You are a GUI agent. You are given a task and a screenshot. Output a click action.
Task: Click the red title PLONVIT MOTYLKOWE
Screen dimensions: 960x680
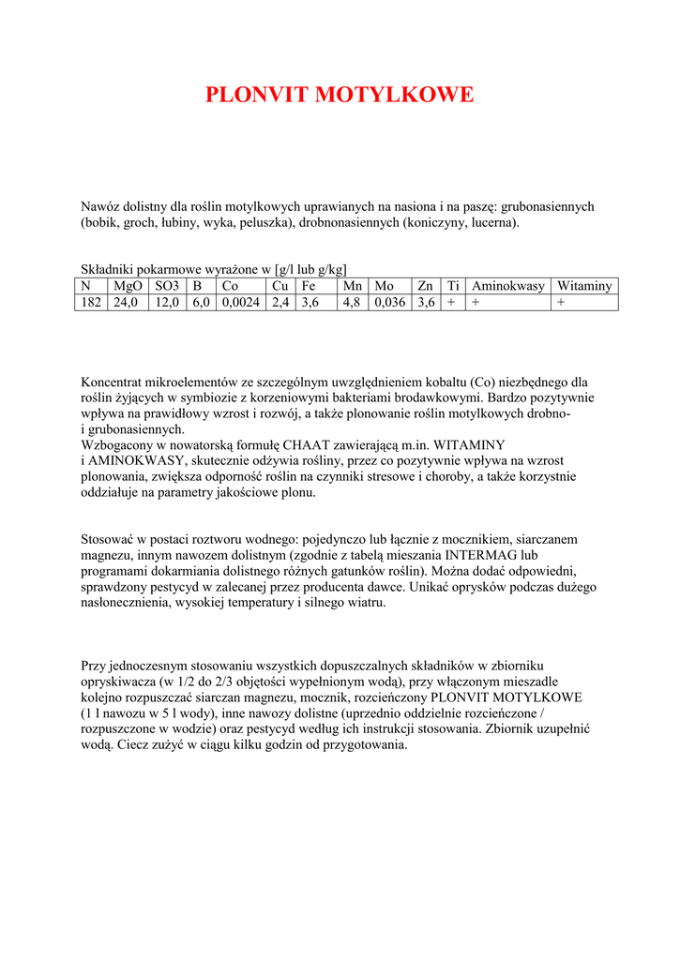pos(340,95)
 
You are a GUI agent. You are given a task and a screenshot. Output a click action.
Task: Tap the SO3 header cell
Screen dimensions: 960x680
pos(167,286)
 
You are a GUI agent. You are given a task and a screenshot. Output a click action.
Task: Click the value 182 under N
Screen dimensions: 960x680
pos(91,302)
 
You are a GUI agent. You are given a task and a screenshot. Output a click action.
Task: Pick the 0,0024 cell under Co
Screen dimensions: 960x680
pos(241,302)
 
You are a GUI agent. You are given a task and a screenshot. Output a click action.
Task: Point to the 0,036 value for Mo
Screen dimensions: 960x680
pos(390,302)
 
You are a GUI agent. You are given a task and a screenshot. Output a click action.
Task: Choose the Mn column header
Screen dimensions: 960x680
pos(353,286)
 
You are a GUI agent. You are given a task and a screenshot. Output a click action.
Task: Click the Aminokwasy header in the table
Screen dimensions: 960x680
pos(507,286)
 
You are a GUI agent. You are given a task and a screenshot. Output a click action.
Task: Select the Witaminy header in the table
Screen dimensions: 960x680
pos(583,286)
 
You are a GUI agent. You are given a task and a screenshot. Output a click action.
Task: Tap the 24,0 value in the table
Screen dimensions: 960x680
pos(126,302)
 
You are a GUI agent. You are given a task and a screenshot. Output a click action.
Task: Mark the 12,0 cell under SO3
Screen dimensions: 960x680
pos(167,302)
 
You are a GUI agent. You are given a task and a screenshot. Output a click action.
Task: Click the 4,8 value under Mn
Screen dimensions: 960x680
pos(352,302)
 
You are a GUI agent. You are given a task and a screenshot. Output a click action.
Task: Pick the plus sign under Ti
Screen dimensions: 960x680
pos(452,302)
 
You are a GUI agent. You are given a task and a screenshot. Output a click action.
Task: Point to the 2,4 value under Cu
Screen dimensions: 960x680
pos(280,302)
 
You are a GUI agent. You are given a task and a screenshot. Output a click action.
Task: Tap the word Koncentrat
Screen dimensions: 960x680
pos(114,382)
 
